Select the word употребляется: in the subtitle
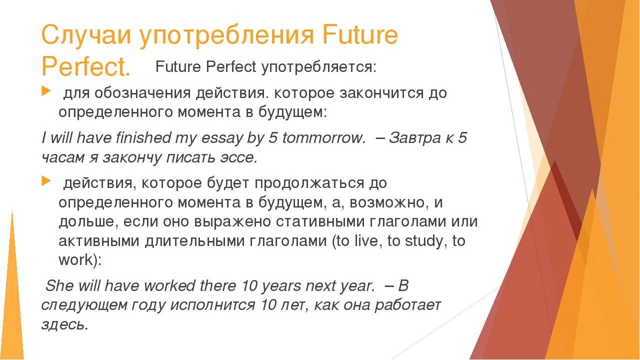(x=318, y=66)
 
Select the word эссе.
(x=238, y=157)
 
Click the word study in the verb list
(x=421, y=241)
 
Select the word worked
(x=169, y=286)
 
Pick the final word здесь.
(x=65, y=324)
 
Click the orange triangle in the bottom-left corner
(x=12, y=310)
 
